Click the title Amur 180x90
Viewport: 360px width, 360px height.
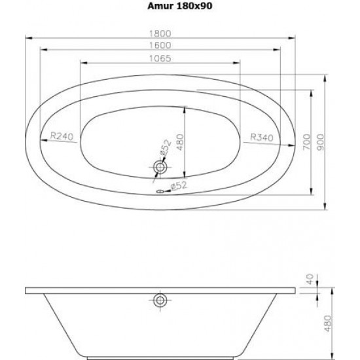180,6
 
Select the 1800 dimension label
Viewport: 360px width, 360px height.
160,34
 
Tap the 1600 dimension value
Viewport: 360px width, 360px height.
160,45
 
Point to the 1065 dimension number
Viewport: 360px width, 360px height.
160,58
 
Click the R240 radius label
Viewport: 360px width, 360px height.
62,136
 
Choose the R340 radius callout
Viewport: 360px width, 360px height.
262,137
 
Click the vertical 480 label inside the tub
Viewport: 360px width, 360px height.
181,142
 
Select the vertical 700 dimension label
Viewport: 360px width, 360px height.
306,142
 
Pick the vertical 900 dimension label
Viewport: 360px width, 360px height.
321,142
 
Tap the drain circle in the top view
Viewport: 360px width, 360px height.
160,167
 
